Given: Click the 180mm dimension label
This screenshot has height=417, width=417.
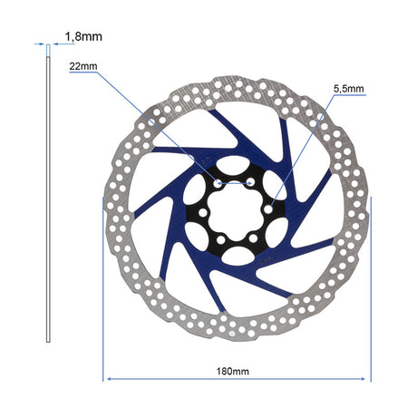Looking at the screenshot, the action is pos(233,371).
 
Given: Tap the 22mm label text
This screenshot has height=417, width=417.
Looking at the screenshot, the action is pos(83,66).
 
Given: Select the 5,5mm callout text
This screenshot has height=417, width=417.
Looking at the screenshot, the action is pos(349,89).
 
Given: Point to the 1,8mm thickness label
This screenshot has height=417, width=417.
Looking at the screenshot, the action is pos(83,36).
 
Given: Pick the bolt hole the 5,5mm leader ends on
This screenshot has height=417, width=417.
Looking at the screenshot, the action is pos(268,208).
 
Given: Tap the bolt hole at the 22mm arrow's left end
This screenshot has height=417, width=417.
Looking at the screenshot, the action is pos(218,183).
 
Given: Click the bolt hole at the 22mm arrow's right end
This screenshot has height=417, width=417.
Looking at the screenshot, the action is pos(250,181).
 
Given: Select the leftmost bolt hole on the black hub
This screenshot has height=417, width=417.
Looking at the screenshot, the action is pos(202,213).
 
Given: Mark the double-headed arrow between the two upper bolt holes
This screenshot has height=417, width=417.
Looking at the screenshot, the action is pos(234,183).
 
